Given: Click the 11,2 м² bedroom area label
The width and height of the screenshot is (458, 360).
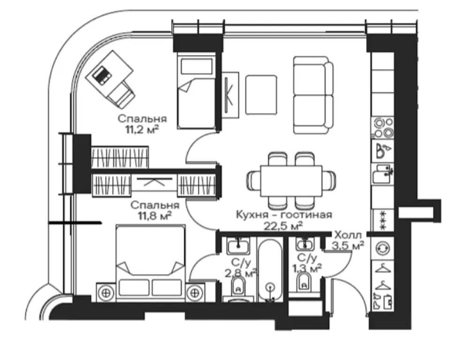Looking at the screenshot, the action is tap(142, 129).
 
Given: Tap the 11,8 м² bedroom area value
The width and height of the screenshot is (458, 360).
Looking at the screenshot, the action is tap(154, 216).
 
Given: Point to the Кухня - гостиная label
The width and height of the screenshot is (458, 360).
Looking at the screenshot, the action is tap(284, 215).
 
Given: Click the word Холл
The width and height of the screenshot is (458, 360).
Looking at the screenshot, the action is tap(348, 234).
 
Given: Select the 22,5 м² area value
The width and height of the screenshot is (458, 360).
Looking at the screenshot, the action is tap(283, 225).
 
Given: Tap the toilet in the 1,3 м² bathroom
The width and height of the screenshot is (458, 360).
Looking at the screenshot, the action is tap(304, 282).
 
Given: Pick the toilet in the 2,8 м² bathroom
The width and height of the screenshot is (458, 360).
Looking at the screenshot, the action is tap(238, 286).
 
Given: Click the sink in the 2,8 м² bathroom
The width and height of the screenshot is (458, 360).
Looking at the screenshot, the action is tap(239, 245).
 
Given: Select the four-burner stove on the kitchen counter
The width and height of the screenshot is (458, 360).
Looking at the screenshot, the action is tap(383, 128).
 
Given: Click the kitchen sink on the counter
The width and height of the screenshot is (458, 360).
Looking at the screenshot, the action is tap(382, 174).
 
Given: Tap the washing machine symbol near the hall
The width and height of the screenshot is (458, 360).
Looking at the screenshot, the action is tap(383, 248).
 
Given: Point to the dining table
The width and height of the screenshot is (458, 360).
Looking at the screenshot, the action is tap(291, 181).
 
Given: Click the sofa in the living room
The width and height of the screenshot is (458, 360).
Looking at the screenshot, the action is tap(313, 95).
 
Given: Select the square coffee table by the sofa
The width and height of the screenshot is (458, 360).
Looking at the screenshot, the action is tap(261, 95).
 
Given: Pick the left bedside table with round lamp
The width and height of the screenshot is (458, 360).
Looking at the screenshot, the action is tap(107, 292).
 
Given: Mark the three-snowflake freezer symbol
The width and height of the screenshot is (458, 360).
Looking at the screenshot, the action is tap(383, 220).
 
